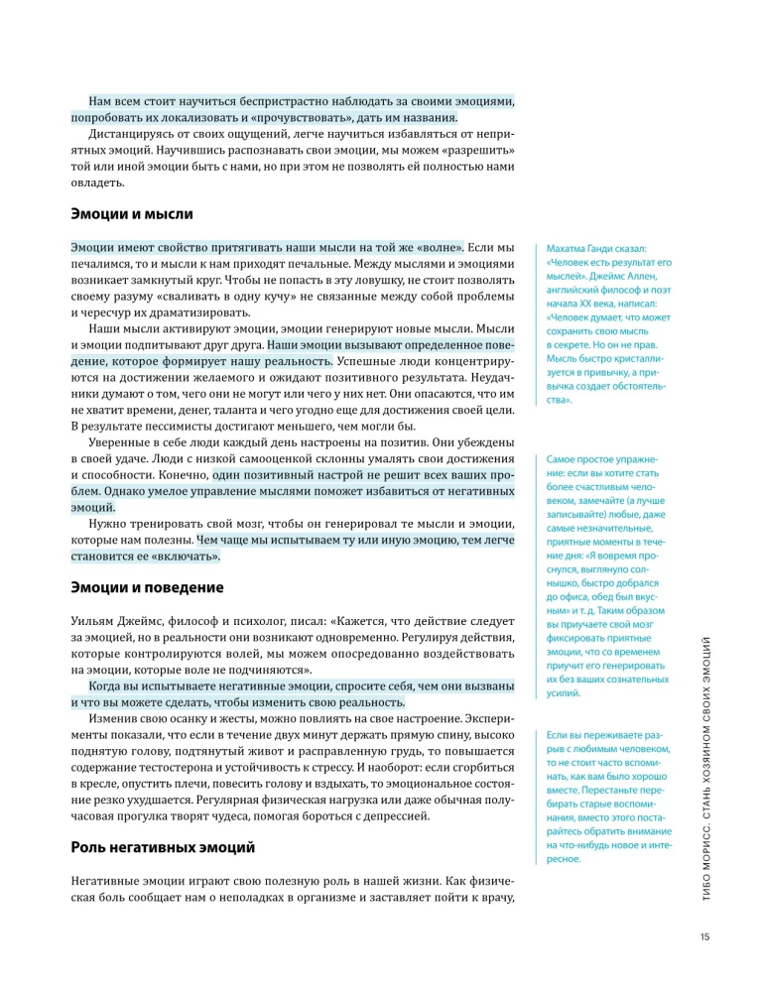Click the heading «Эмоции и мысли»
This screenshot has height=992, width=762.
132,213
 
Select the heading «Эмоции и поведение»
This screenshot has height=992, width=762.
148,587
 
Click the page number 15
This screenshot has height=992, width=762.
702,936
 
